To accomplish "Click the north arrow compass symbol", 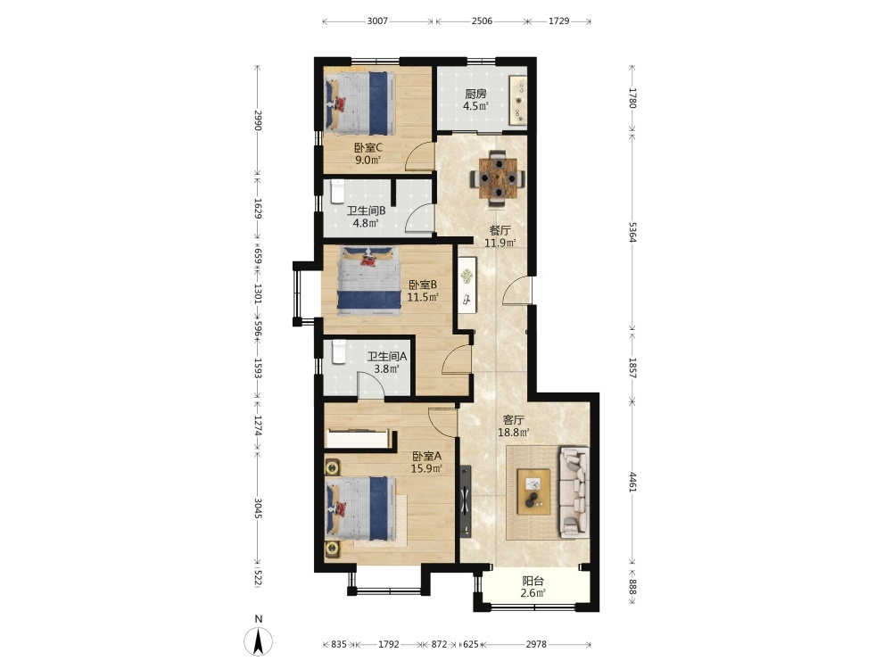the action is pos(259,641).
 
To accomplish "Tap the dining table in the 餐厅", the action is pos(498,178).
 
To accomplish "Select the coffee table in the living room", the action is pos(533,491).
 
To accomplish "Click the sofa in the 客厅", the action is pos(574,492).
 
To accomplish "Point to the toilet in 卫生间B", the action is pos(337,191).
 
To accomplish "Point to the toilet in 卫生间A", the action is pos(338,351).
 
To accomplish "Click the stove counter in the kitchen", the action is pos(518,100).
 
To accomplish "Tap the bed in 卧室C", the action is pos(359,103).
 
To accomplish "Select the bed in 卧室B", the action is pos(368,280).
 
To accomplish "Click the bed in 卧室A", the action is pos(360,508).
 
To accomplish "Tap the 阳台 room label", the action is pos(533,581).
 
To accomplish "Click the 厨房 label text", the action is pos(475,94).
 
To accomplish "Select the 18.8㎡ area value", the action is pos(514,433).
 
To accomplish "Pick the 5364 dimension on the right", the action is pos(632,232).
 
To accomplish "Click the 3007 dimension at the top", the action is pos(377,21).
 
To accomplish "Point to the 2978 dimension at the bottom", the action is pos(536,644).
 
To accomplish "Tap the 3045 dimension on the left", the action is pos(258,508).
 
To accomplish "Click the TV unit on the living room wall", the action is pos(466,500).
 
